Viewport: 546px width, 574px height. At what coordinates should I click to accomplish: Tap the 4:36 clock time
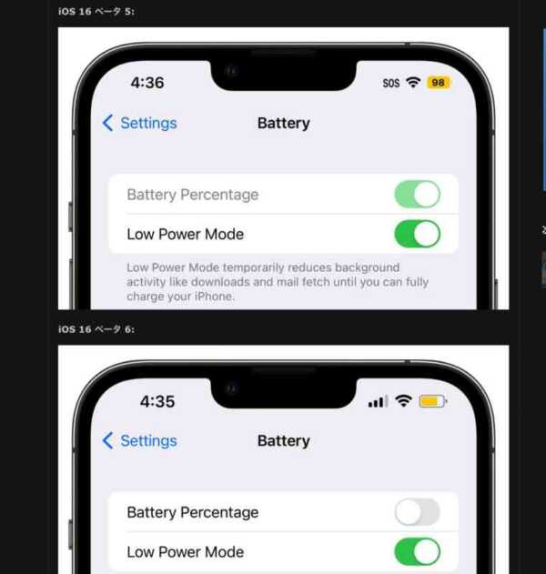click(147, 83)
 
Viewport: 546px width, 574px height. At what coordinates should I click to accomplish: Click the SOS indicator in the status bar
click(390, 83)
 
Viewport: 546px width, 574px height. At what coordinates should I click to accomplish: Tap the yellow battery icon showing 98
click(439, 83)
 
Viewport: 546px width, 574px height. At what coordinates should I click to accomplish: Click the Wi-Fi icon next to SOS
click(413, 83)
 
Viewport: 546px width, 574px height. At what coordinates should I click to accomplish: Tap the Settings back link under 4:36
click(139, 123)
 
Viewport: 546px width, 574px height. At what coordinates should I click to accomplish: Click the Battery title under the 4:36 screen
click(284, 123)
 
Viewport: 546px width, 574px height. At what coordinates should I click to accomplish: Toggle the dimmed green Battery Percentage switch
click(417, 195)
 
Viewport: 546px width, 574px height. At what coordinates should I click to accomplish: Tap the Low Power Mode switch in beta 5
click(417, 234)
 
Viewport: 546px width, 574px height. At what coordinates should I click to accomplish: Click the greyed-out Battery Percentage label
click(193, 195)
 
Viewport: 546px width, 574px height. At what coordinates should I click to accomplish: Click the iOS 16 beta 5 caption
click(96, 11)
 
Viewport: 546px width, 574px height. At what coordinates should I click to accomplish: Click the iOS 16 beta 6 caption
click(96, 329)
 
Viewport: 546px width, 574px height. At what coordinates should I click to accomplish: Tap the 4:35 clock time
click(157, 401)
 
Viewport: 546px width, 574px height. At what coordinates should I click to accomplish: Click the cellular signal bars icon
click(378, 401)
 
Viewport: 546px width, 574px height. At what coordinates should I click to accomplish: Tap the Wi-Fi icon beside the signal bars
click(403, 401)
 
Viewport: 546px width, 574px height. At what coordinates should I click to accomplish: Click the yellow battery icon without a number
click(433, 401)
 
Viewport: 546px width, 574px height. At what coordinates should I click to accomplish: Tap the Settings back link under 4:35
click(139, 441)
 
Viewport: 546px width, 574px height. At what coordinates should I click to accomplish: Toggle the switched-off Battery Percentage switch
click(417, 512)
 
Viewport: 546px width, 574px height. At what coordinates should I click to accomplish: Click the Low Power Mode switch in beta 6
click(417, 551)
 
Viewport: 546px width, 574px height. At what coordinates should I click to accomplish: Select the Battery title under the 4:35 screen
click(284, 441)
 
